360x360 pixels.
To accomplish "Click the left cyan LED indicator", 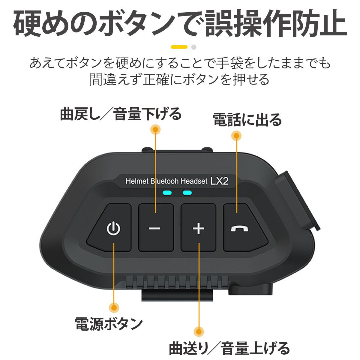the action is click(x=167, y=193).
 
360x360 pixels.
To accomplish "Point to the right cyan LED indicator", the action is click(x=187, y=193).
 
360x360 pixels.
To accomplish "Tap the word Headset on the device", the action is click(x=194, y=181).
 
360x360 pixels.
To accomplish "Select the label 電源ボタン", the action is click(x=109, y=324).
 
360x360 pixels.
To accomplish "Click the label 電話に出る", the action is click(x=247, y=120).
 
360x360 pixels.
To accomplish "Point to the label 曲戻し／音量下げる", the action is click(x=121, y=114).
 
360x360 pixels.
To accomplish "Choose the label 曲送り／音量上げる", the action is click(x=229, y=349).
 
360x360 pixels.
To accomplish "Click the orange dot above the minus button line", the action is click(x=155, y=129).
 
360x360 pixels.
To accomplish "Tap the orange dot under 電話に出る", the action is click(x=236, y=136).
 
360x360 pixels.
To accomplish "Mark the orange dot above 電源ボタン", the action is click(x=114, y=307).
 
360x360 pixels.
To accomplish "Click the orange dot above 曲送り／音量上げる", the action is click(x=198, y=332).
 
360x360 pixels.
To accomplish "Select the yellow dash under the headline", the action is click(x=179, y=47).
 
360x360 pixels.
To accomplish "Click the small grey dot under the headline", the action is click(x=194, y=47).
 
